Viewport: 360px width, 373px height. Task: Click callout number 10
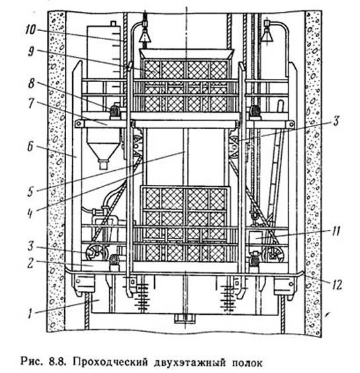tap(30, 30)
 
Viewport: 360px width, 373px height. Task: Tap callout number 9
tap(31, 52)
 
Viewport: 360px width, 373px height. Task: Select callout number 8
tap(31, 83)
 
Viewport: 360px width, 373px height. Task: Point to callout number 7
tap(31, 103)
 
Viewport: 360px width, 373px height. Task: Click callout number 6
tap(30, 146)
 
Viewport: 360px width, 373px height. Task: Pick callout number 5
tap(30, 191)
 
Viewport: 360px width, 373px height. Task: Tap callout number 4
tap(30, 213)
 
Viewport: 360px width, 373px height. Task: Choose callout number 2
tap(30, 264)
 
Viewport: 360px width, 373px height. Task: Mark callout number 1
tap(30, 313)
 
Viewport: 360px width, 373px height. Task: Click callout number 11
tap(336, 231)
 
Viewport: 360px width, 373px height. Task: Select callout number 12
tap(337, 284)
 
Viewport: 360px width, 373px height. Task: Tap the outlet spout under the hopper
tap(103, 164)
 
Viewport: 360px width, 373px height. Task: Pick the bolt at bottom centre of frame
tap(185, 319)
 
